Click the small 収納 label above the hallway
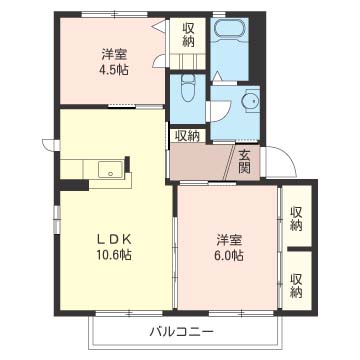(x=187, y=135)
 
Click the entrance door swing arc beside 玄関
(x=283, y=160)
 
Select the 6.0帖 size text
(x=229, y=256)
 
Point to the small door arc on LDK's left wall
(x=48, y=139)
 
